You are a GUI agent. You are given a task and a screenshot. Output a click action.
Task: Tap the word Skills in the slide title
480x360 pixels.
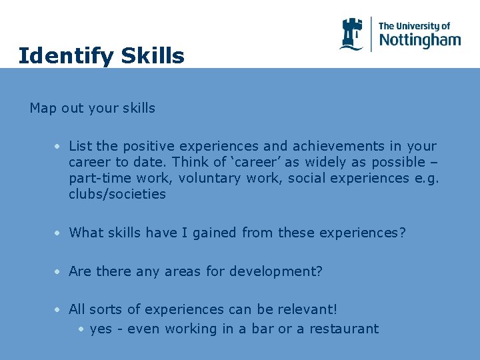click(153, 56)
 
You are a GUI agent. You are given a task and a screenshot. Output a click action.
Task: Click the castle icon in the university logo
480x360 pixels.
click(351, 34)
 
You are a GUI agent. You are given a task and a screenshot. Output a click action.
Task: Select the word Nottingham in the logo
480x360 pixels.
click(419, 40)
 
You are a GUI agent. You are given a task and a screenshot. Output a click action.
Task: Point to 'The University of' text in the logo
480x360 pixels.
click(414, 26)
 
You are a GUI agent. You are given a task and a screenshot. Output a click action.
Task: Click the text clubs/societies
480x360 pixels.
click(117, 194)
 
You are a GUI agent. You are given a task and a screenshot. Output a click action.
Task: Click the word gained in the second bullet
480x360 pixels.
click(215, 233)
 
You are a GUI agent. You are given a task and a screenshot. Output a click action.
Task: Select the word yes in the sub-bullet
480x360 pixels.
click(100, 329)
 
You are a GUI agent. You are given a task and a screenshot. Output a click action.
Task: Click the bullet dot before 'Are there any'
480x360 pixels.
click(59, 272)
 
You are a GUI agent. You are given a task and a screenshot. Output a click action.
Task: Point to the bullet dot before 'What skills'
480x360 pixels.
click(59, 233)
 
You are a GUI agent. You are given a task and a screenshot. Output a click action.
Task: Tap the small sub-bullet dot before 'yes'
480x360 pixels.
click(80, 329)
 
